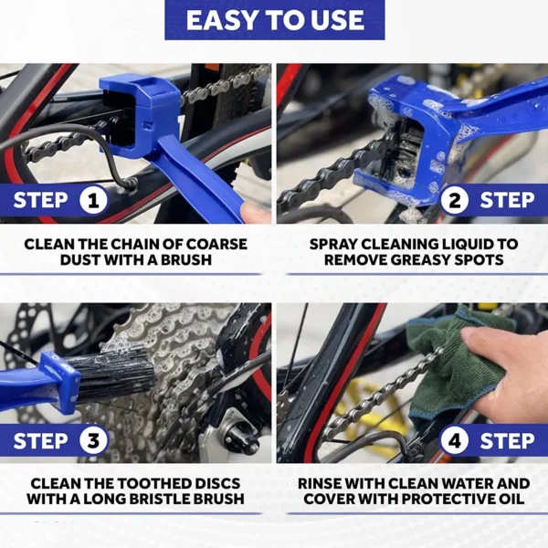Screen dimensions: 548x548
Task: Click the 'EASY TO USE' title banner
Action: coord(274,20)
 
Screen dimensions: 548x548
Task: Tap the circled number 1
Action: coord(95,200)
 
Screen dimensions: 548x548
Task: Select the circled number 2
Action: coord(454,200)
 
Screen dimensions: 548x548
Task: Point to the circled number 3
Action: coord(95,441)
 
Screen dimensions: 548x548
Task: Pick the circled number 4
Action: coord(454,441)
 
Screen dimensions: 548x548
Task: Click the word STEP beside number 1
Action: coord(42,200)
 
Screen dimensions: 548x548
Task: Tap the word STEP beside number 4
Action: coord(507,441)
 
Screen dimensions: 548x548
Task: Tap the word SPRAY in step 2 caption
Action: coord(338,244)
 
